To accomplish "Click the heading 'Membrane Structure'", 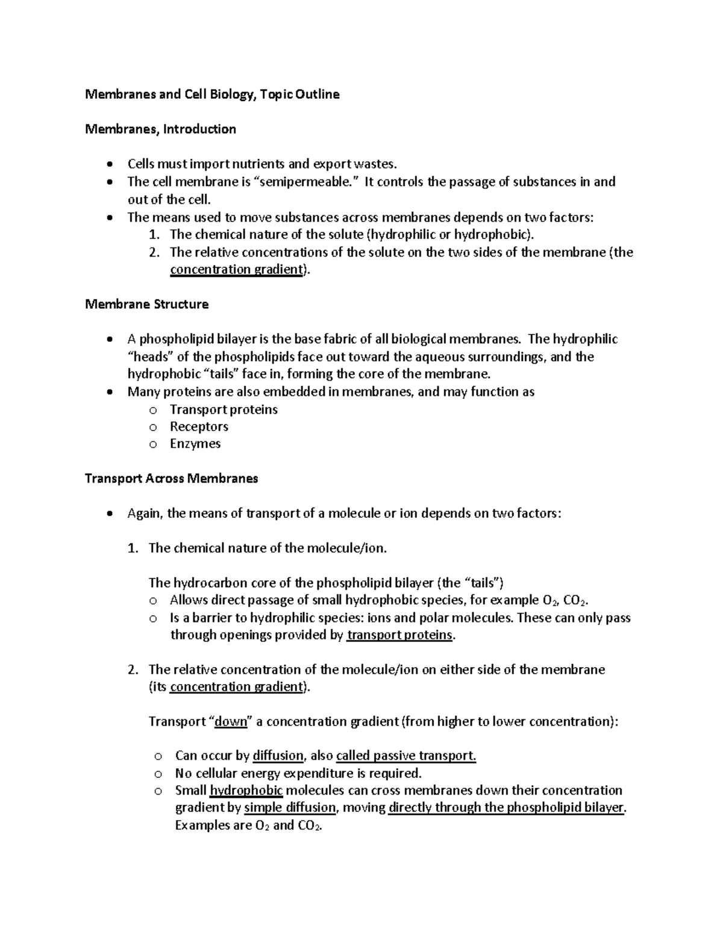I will [x=146, y=304].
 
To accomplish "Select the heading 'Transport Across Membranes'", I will [x=171, y=479].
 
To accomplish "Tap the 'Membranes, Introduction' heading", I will [x=160, y=129].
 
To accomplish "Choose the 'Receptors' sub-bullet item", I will [x=199, y=426].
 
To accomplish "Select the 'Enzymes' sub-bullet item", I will [x=195, y=444].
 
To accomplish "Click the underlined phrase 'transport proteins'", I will [x=399, y=635].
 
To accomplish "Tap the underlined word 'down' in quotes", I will [x=231, y=722].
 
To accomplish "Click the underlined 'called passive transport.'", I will [x=406, y=756].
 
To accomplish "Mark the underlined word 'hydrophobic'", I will [x=246, y=791].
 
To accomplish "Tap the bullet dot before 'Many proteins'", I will [x=108, y=392].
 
